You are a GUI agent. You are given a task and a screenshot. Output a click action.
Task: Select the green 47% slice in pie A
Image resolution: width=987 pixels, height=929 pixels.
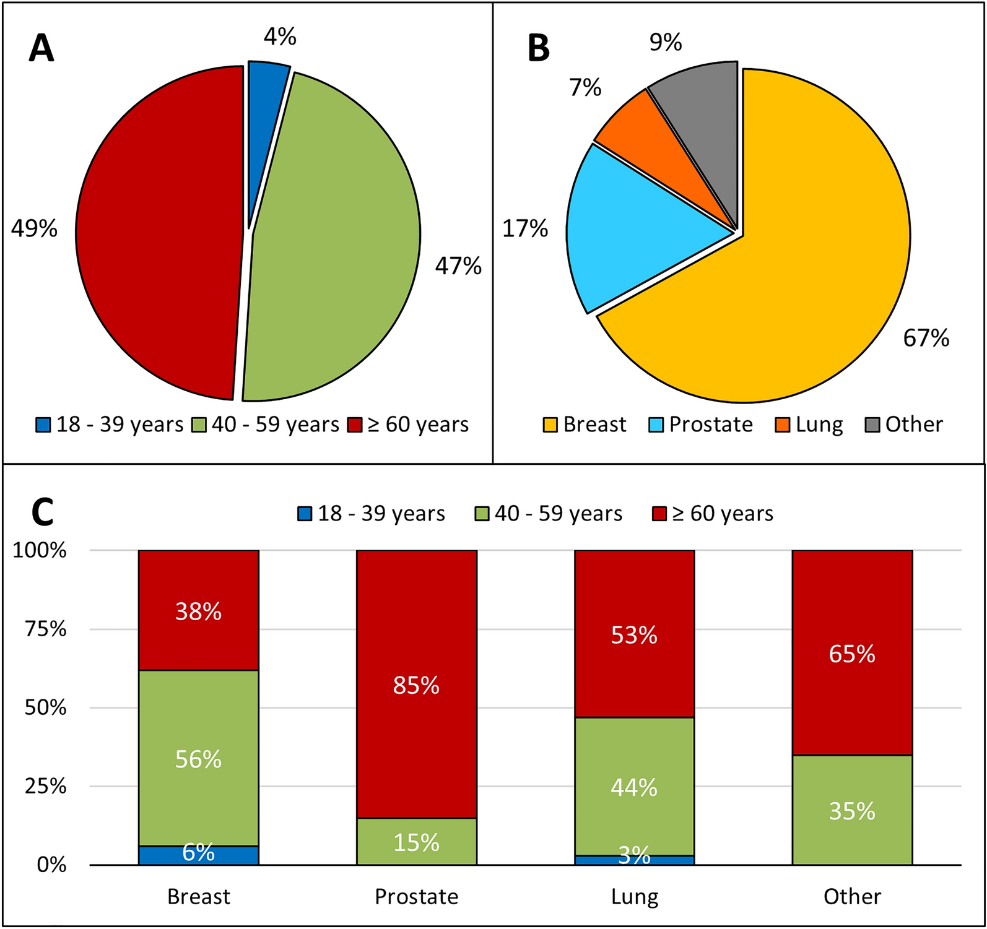[x=334, y=248]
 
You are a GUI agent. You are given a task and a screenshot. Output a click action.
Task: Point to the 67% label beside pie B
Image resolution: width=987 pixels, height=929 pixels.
[x=926, y=339]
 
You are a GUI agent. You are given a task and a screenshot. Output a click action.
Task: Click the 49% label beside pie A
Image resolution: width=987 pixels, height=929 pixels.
[x=34, y=229]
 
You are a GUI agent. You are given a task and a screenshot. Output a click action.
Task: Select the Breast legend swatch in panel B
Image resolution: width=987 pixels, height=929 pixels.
[x=550, y=425]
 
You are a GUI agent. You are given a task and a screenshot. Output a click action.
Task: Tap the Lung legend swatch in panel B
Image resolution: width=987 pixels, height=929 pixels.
[x=783, y=425]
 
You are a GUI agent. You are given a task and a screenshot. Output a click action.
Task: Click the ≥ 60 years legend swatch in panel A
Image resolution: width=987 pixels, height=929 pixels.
[x=355, y=425]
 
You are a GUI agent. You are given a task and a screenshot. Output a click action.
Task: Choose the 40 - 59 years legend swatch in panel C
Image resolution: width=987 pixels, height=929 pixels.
[x=482, y=514]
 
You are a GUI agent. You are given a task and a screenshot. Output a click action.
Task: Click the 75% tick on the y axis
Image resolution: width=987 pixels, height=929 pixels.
[x=46, y=629]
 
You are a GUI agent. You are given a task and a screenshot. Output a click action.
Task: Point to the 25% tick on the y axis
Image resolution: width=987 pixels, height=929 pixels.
[x=46, y=787]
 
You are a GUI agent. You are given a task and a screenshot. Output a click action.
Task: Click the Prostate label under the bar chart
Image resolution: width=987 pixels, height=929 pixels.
[x=416, y=897]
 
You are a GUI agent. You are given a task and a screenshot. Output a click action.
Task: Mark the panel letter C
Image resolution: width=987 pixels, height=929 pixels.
[x=42, y=513]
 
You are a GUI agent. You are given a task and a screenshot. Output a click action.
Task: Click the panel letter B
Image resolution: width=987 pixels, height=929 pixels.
[x=538, y=48]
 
